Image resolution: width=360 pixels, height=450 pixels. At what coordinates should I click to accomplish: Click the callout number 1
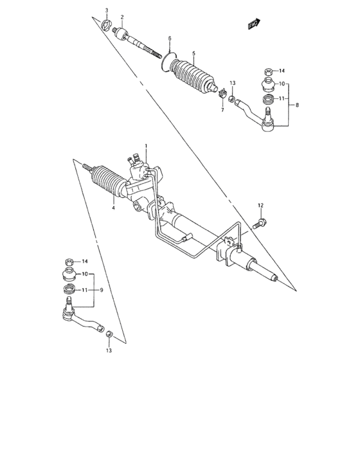pyautogui.click(x=146, y=147)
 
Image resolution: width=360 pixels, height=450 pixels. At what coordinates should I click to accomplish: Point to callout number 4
pyautogui.click(x=113, y=207)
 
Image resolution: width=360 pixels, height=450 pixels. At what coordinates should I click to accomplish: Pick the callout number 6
pyautogui.click(x=169, y=39)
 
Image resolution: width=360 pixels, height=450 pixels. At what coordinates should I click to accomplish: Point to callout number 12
pyautogui.click(x=261, y=205)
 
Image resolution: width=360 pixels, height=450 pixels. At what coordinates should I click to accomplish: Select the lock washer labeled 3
pyautogui.click(x=107, y=26)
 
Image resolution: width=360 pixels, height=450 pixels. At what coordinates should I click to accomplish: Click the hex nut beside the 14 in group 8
pyautogui.click(x=268, y=72)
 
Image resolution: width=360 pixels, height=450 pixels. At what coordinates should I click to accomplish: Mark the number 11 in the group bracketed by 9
pyautogui.click(x=84, y=291)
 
